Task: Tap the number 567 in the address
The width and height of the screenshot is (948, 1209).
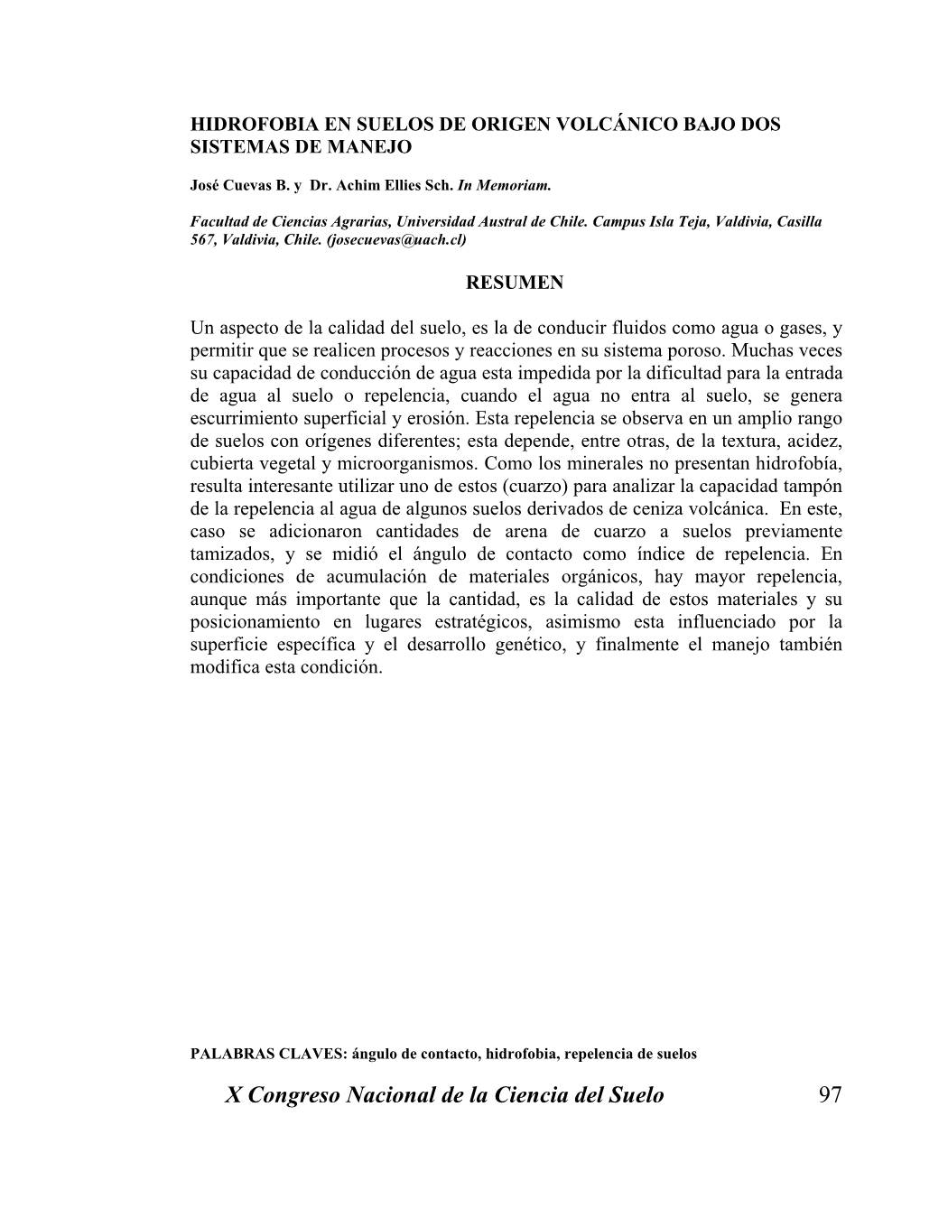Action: tap(202, 239)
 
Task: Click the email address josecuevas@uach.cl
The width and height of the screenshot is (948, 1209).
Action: tap(396, 239)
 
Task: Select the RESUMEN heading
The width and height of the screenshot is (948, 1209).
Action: tap(514, 283)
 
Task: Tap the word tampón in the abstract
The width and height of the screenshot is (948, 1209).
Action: tap(810, 486)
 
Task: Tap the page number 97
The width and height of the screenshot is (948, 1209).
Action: tap(830, 1095)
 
